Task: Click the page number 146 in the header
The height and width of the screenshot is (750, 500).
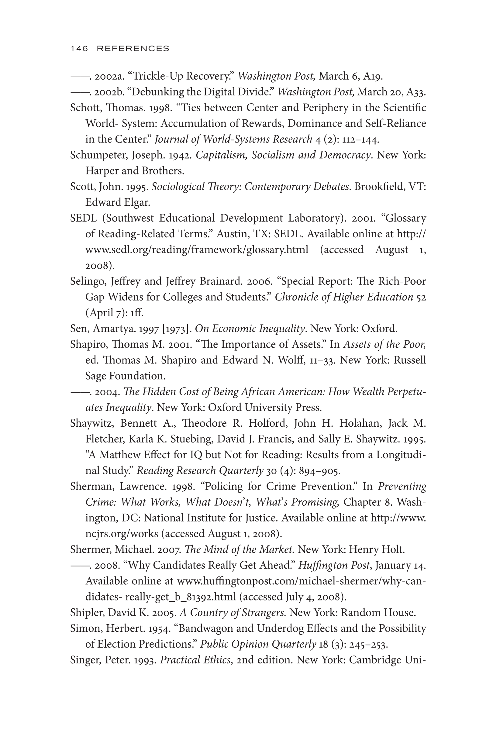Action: point(79,48)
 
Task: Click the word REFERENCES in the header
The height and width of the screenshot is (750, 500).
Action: point(133,48)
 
